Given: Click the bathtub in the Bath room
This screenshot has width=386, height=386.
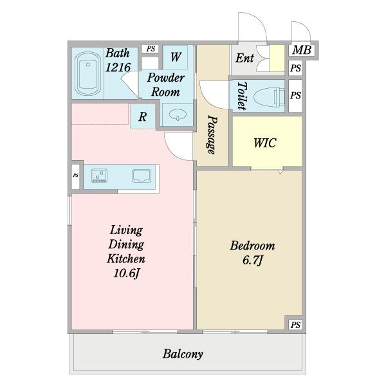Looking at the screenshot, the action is [87, 73].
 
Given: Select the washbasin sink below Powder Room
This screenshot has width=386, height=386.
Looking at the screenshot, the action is [178, 115].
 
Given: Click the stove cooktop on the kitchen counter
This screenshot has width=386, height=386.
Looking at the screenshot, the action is [99, 176].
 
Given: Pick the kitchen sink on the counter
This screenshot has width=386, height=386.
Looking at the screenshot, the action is [142, 176].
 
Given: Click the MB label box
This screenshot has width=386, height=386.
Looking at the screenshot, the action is [302, 50].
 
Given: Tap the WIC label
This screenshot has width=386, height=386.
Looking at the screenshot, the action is [265, 143].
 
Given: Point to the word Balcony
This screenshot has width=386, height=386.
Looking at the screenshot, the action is [183, 354].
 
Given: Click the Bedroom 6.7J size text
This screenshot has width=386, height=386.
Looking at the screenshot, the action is [252, 260].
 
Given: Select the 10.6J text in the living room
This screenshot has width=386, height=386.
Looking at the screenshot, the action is [126, 273].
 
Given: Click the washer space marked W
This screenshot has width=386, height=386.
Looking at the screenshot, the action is [175, 57].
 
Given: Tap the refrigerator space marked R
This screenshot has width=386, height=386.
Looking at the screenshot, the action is [143, 116].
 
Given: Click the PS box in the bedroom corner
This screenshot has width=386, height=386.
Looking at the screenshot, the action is [295, 325].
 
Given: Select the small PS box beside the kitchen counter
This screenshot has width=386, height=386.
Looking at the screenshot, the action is [75, 175].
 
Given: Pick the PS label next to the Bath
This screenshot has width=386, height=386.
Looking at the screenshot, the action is [151, 49].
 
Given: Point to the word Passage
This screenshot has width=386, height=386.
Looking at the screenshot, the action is [212, 134].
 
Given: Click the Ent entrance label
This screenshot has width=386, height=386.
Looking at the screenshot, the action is [244, 58].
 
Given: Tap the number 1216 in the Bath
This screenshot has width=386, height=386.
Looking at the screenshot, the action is [118, 68].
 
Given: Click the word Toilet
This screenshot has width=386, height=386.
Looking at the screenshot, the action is [242, 96].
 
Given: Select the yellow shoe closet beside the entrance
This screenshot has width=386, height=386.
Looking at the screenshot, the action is [277, 59].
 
